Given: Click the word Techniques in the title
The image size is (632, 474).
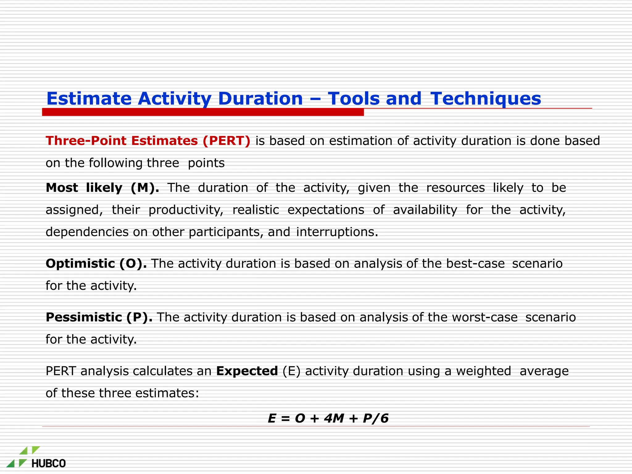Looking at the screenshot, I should coord(485,99).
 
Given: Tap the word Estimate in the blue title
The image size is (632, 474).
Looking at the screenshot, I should coord(89,99).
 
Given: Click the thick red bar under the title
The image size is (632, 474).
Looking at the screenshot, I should coord(203,112).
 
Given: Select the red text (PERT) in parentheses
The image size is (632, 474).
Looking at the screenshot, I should coord(227,141).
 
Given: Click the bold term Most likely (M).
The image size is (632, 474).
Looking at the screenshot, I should coord(102,188).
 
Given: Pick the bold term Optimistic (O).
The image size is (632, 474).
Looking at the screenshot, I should coord(96,264).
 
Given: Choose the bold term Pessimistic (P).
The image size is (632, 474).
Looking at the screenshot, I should coord(99,317).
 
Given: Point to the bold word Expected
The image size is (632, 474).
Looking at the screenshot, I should coord(247,371).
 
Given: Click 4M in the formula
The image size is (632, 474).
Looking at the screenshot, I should coord(334,418).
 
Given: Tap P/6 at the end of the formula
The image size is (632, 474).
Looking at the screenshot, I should coord(376,418).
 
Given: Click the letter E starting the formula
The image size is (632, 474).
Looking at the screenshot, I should coord(272,418).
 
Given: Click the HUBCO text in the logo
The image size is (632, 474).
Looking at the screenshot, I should coord(49,464).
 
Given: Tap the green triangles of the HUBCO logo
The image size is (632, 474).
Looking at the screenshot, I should coord(23,457).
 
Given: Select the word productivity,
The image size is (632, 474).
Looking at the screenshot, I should coord(186,210).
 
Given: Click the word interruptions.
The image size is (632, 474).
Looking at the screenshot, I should coord(337,232).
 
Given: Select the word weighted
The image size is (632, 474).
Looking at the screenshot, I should coord(484,371).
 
